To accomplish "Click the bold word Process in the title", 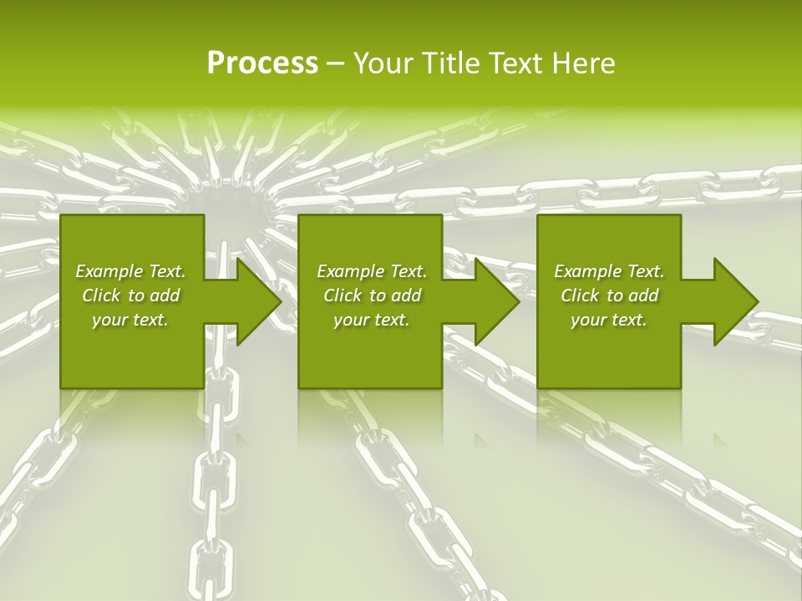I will (x=262, y=63).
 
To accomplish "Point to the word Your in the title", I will (x=384, y=63).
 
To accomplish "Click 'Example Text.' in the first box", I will (x=130, y=271).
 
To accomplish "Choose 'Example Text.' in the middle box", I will (x=372, y=271).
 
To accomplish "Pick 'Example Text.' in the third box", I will (x=609, y=271).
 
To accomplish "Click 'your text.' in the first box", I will (x=130, y=320).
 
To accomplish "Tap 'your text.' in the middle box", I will (x=372, y=320).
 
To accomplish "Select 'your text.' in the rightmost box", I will (x=609, y=320).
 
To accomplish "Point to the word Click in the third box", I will (x=581, y=295).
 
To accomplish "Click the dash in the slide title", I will (x=335, y=64).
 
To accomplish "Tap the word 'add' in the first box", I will (x=165, y=295).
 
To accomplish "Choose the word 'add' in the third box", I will (x=643, y=295).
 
